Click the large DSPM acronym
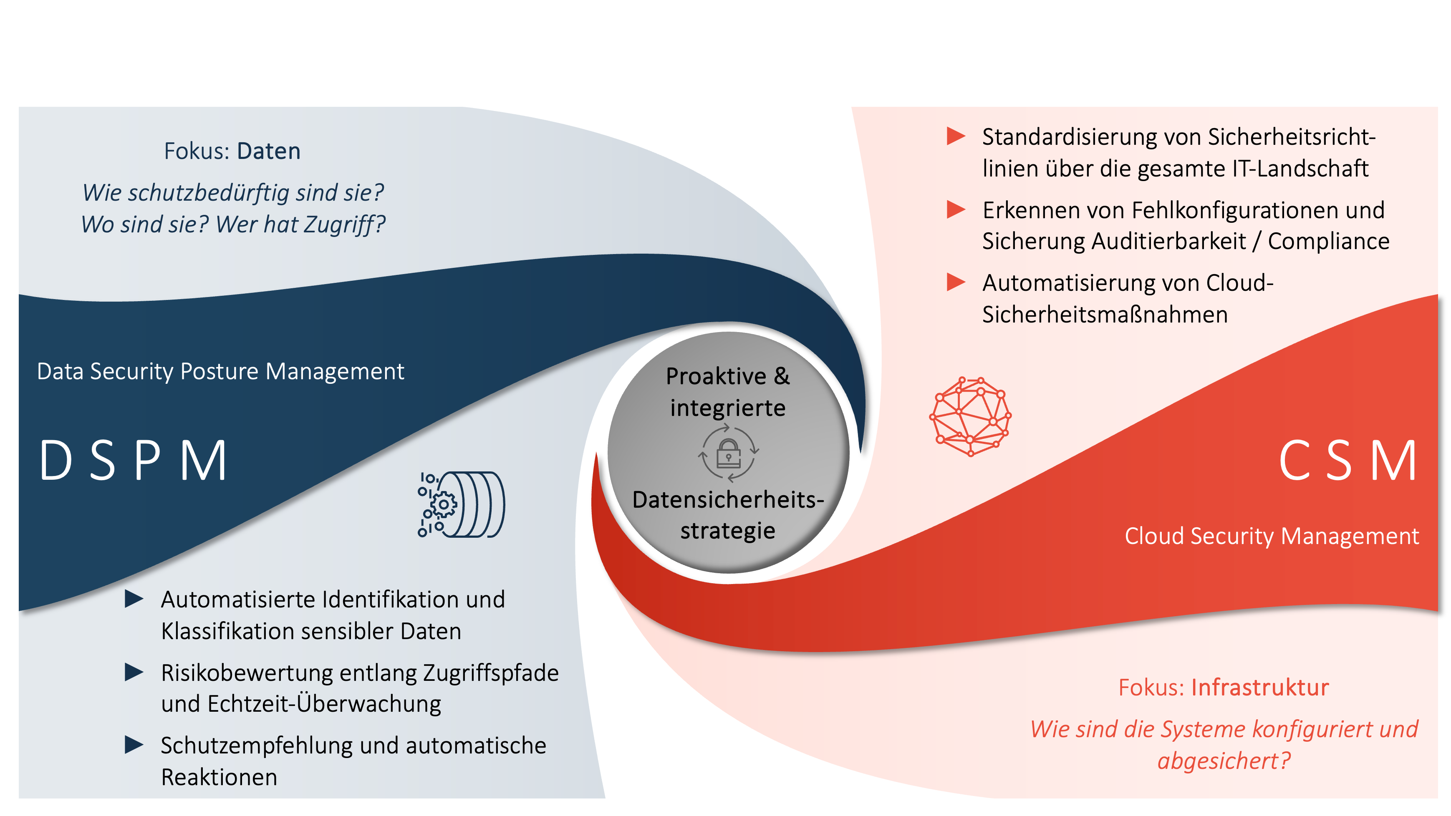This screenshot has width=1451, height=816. pyautogui.click(x=133, y=461)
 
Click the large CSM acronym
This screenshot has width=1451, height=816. pyautogui.click(x=1348, y=461)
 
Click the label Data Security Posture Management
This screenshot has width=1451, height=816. pyautogui.click(x=220, y=372)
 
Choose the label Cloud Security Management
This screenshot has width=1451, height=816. pyautogui.click(x=1271, y=536)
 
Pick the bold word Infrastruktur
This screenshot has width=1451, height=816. pyautogui.click(x=1259, y=688)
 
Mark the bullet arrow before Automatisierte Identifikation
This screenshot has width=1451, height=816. pyautogui.click(x=134, y=598)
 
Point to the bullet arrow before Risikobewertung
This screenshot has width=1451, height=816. pyautogui.click(x=134, y=671)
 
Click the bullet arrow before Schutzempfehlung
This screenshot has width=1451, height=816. pyautogui.click(x=134, y=745)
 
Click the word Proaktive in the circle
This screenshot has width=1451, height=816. pyautogui.click(x=715, y=376)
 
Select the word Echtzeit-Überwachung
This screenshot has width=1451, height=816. pyautogui.click(x=324, y=704)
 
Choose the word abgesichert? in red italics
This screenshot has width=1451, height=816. pyautogui.click(x=1224, y=761)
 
